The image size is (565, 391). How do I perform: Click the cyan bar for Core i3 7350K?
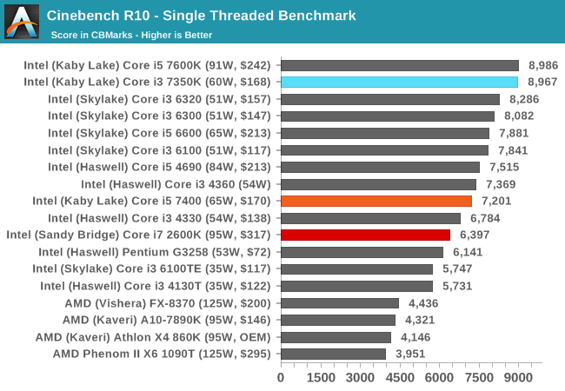tap(399, 82)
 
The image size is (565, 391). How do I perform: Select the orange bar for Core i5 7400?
tap(376, 201)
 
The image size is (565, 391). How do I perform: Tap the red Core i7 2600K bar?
tap(365, 235)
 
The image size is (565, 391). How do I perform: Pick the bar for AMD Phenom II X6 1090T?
tap(333, 354)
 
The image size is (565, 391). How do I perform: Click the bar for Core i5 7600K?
tap(400, 65)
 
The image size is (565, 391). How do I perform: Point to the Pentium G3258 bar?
tap(362, 252)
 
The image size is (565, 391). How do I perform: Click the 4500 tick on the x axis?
tap(400, 377)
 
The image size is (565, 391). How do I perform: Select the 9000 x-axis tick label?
tap(519, 377)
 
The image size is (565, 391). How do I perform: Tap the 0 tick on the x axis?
tap(281, 377)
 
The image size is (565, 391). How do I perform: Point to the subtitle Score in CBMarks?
tap(131, 35)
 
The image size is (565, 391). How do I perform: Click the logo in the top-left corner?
tap(22, 22)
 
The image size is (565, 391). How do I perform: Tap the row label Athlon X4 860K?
tap(153, 336)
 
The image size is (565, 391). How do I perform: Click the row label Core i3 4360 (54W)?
tap(176, 184)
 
